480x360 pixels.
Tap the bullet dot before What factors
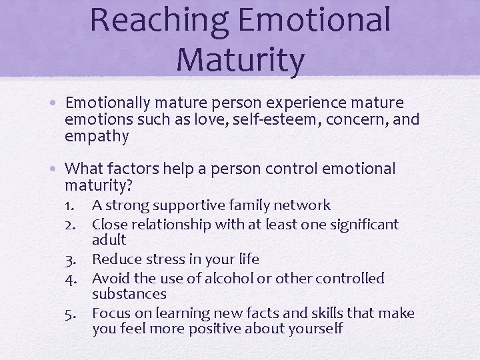[58, 169]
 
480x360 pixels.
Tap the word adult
[109, 240]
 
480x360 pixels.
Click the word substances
[129, 294]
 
